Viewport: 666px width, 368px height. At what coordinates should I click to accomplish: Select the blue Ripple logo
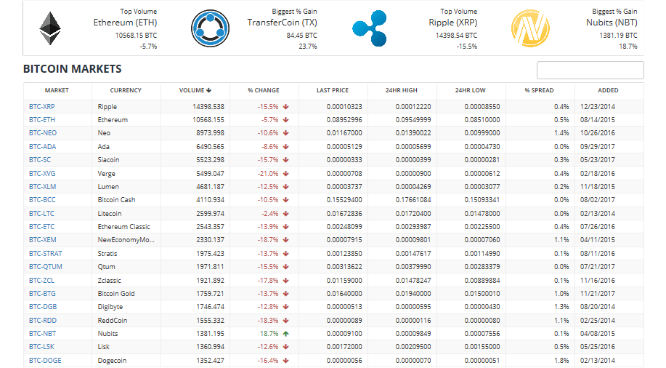(x=369, y=28)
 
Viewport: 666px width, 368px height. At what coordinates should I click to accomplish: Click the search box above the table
(x=590, y=70)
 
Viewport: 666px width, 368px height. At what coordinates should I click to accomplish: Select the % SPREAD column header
(x=539, y=90)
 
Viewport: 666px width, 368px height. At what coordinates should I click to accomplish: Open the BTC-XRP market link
(x=42, y=106)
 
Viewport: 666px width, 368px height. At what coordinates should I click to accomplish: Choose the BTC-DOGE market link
(x=45, y=360)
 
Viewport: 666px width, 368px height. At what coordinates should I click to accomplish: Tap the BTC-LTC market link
(x=41, y=213)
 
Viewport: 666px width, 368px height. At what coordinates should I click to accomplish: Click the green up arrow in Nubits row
(x=286, y=333)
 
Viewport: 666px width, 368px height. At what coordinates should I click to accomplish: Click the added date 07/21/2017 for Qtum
(x=597, y=267)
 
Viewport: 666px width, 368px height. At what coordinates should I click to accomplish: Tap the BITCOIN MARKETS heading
(x=73, y=69)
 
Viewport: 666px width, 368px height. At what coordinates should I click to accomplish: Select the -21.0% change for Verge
(x=268, y=173)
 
